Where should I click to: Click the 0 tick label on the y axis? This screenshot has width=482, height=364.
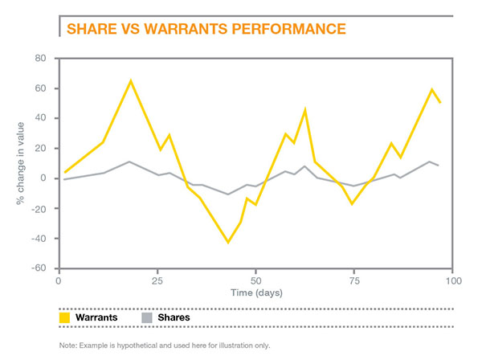click(45, 178)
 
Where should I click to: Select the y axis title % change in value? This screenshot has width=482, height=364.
click(18, 163)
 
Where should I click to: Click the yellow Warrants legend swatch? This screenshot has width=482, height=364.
click(65, 318)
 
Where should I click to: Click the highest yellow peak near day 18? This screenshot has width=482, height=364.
click(130, 80)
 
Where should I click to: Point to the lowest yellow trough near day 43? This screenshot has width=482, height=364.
click(228, 242)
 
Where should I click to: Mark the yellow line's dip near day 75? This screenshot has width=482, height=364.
click(352, 204)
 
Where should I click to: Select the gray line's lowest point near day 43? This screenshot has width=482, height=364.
click(228, 194)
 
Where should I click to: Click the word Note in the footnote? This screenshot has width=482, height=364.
click(67, 346)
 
